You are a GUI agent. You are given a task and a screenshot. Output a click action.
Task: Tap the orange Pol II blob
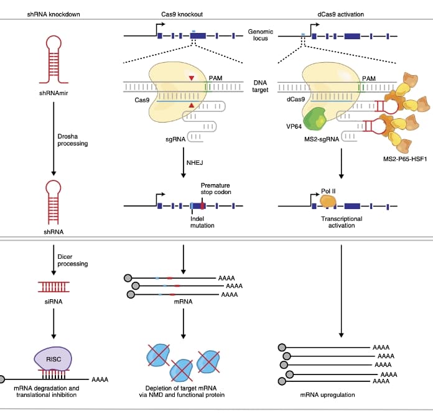tap(328, 201)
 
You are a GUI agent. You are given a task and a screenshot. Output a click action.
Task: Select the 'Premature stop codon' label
tap(215, 188)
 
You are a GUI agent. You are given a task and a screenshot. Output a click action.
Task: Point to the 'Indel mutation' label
tap(202, 221)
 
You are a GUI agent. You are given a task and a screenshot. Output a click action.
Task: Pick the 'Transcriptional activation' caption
tap(338, 222)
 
